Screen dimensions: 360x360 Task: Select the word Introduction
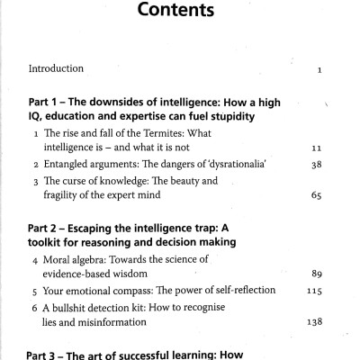(x=56, y=68)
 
